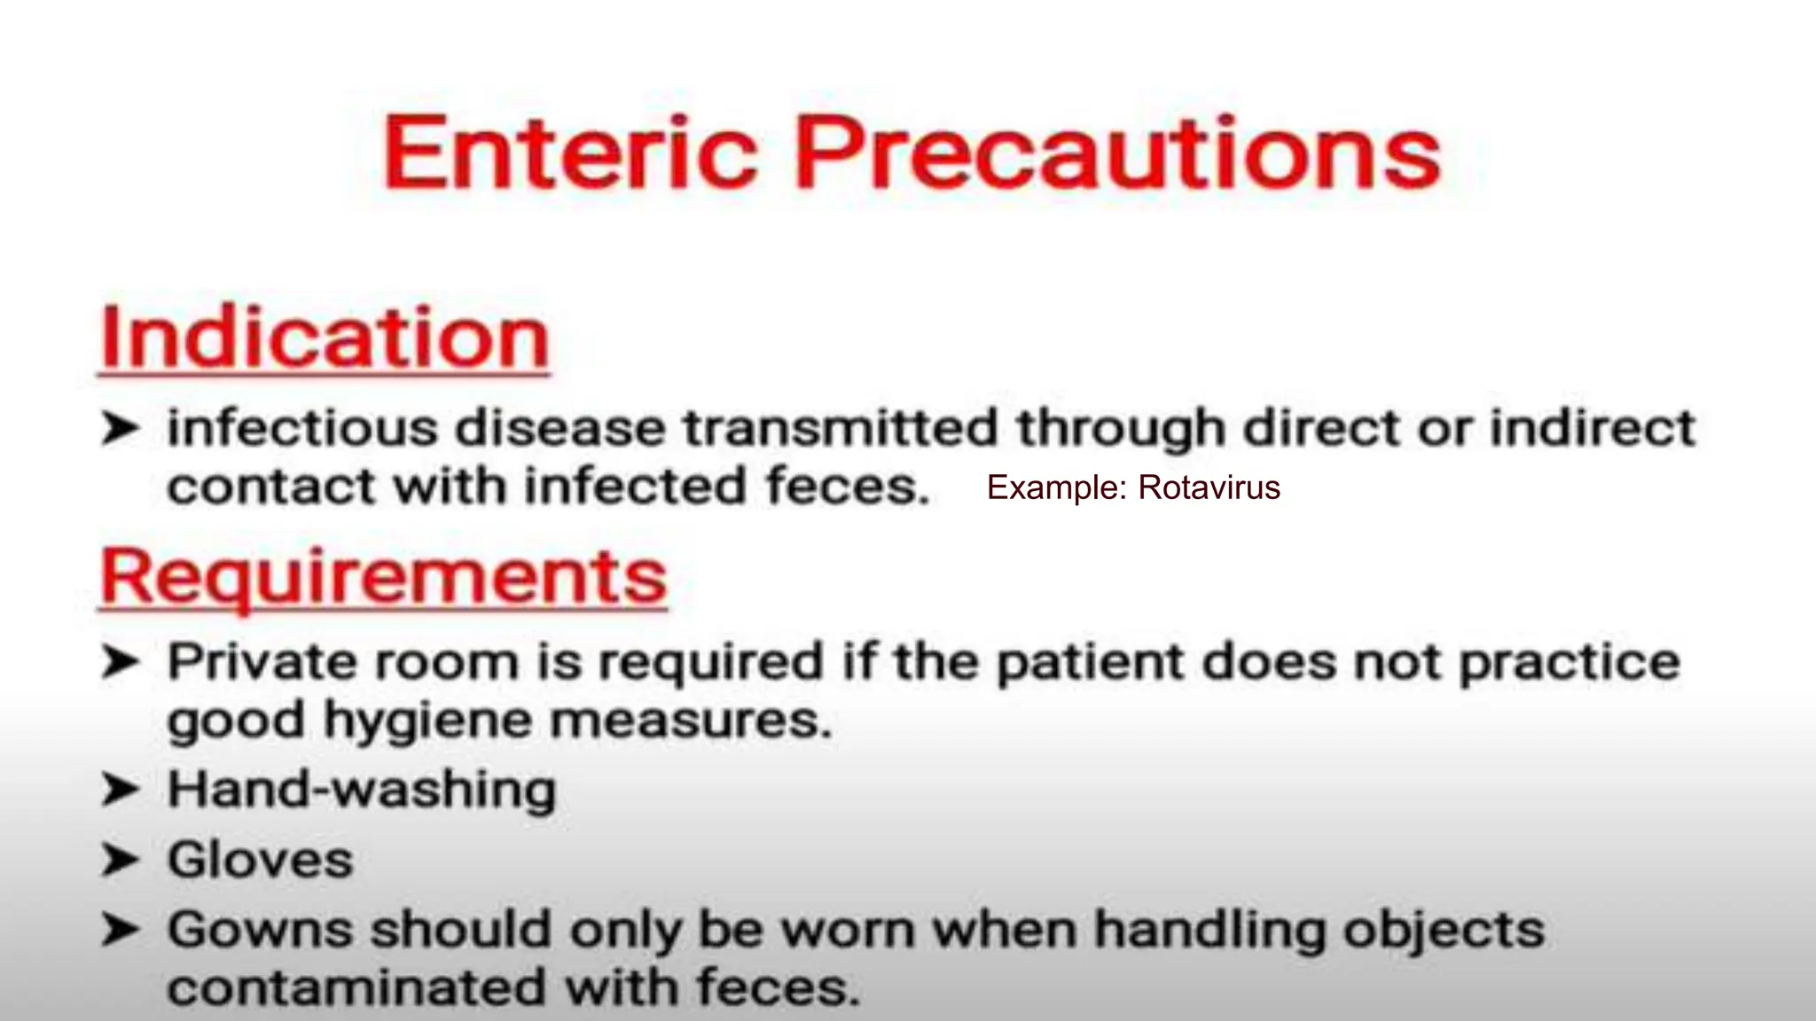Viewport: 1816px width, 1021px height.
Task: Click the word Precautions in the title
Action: tap(1117, 153)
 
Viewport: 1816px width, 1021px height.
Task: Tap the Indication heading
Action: tap(325, 339)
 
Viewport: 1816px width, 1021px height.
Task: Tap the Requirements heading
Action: tap(383, 577)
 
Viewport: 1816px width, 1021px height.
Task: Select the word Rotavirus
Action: tap(1209, 487)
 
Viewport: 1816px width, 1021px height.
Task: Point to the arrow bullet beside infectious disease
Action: tap(120, 428)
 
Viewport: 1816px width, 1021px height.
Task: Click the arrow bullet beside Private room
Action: tap(120, 662)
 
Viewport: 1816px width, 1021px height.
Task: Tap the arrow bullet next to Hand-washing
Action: tap(120, 789)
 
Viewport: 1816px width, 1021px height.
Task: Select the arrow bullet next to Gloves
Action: tap(120, 860)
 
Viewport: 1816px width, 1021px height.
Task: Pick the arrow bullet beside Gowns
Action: tap(120, 930)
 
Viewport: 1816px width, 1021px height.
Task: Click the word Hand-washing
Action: tap(362, 789)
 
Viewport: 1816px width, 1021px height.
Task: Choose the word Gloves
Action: tap(260, 860)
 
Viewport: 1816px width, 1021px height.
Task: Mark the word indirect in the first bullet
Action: tap(1592, 428)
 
